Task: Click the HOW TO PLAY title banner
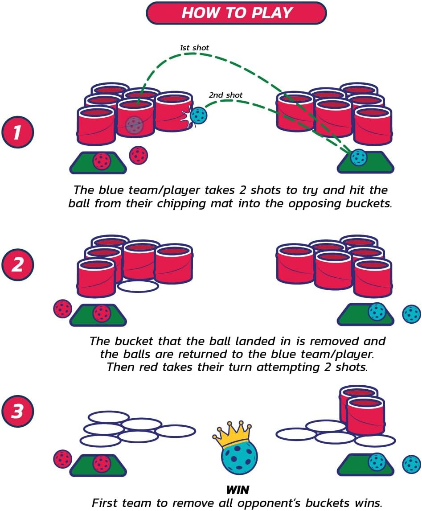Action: [236, 13]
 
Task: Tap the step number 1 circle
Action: [17, 132]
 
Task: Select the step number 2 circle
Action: [17, 264]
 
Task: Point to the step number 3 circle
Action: [17, 411]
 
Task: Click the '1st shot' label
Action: [194, 48]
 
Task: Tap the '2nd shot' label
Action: [225, 95]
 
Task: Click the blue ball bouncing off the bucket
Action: [198, 115]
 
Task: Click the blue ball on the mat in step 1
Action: [359, 157]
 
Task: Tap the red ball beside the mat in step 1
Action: [139, 156]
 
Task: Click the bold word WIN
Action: [238, 490]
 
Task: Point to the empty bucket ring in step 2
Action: [138, 286]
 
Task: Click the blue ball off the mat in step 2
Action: [412, 314]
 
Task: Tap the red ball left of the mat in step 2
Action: [62, 309]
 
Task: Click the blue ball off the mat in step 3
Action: [412, 464]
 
